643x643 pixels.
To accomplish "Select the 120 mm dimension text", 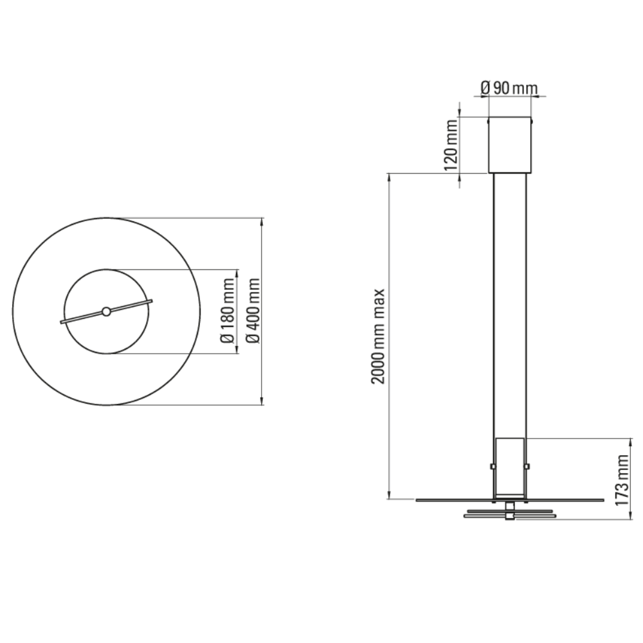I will point(452,145).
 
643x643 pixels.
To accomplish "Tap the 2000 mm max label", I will point(379,336).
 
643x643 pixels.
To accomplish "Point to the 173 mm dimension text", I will point(621,479).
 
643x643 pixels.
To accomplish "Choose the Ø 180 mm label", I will point(228,311).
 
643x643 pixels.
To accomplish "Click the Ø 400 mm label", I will point(253,311).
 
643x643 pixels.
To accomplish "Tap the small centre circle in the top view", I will point(106,312).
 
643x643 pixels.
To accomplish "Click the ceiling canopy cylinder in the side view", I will point(509,145).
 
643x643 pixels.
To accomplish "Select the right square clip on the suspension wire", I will point(527,466).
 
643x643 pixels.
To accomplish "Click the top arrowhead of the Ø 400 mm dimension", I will point(262,221).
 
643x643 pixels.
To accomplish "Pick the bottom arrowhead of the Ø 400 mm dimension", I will point(262,402).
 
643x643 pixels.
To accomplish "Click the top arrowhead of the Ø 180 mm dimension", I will point(237,273).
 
